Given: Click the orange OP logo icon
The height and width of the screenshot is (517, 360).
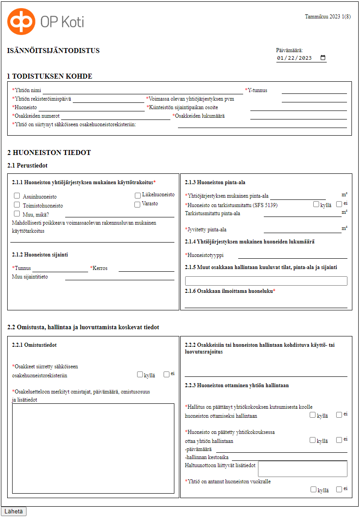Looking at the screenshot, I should pyautogui.click(x=21, y=22).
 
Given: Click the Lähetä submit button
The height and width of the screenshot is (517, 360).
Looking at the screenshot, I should pyautogui.click(x=14, y=512).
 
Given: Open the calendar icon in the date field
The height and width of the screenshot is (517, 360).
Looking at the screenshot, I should pyautogui.click(x=323, y=58).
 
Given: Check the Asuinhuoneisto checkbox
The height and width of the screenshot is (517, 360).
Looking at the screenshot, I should pyautogui.click(x=17, y=196).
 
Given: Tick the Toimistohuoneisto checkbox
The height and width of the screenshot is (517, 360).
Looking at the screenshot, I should pyautogui.click(x=17, y=205).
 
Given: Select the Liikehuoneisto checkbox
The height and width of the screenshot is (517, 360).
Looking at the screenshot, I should pyautogui.click(x=138, y=195).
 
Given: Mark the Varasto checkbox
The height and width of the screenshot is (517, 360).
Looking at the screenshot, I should pyautogui.click(x=138, y=204).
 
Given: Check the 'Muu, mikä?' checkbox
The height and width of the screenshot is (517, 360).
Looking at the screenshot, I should pyautogui.click(x=17, y=214).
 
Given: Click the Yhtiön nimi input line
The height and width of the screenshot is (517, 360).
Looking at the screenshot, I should pyautogui.click(x=142, y=91).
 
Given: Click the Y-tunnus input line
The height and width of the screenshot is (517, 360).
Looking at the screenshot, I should pyautogui.click(x=314, y=91).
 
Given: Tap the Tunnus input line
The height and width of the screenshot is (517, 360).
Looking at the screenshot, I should pyautogui.click(x=60, y=269).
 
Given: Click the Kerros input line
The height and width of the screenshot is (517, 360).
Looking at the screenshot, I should pyautogui.click(x=147, y=269).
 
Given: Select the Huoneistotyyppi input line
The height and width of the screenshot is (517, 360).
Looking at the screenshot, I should pyautogui.click(x=293, y=256).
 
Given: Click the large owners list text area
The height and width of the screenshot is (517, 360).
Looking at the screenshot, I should pyautogui.click(x=93, y=448).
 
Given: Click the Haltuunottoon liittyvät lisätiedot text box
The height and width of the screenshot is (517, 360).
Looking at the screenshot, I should pyautogui.click(x=302, y=468).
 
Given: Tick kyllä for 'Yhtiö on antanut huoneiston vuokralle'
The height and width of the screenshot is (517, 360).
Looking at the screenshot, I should pyautogui.click(x=313, y=489).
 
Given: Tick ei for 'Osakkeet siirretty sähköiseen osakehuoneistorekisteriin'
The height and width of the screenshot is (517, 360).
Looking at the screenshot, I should pyautogui.click(x=166, y=374).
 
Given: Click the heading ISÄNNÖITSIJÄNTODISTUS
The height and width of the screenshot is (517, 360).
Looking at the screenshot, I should pyautogui.click(x=53, y=51).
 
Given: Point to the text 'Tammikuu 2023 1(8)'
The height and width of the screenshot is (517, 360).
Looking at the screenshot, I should pyautogui.click(x=328, y=17).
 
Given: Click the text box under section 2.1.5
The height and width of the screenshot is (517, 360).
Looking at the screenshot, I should pyautogui.click(x=266, y=281).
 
